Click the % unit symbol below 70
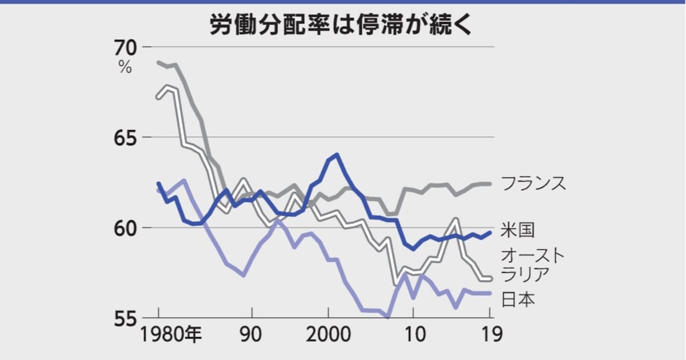point(125,67)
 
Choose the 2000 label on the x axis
point(328,335)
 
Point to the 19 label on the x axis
point(490,335)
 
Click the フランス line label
point(533,183)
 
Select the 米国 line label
point(518,230)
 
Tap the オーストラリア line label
point(532,265)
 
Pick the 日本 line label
point(518,299)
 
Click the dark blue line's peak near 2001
point(337,154)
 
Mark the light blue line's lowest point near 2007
point(388,317)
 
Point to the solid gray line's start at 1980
point(158,62)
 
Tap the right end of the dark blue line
point(490,232)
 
